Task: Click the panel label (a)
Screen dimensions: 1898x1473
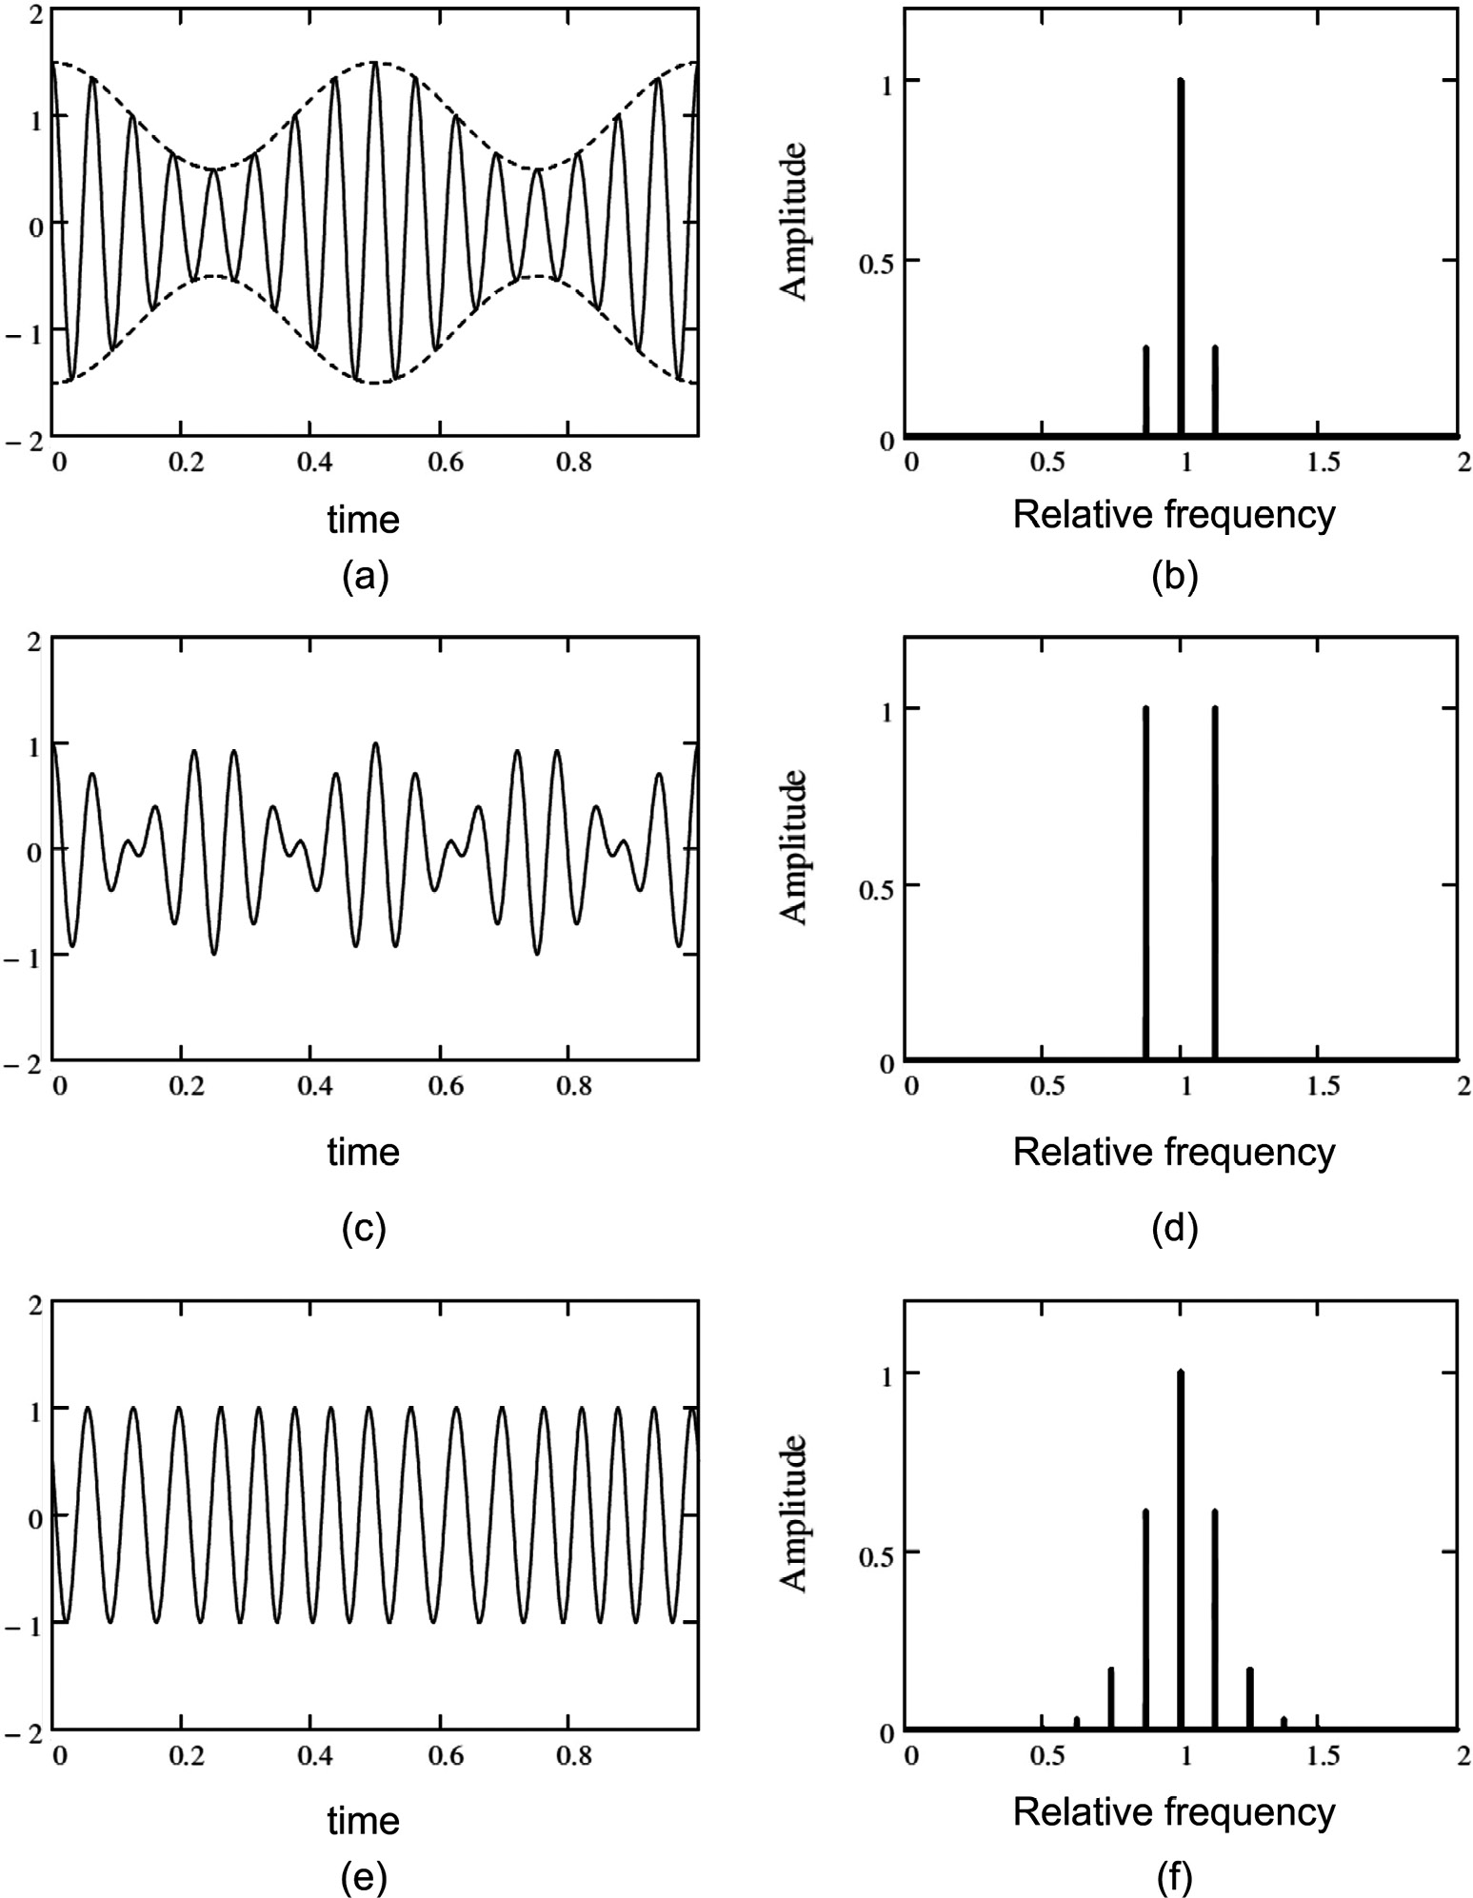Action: click(365, 577)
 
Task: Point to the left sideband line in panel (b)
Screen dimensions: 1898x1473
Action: click(1145, 390)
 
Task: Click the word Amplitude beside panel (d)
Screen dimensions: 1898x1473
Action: click(793, 845)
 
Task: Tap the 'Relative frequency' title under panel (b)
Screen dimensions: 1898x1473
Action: click(1173, 514)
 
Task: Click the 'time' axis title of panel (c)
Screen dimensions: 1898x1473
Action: click(364, 1152)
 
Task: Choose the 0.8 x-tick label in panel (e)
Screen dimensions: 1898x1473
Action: click(567, 1749)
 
